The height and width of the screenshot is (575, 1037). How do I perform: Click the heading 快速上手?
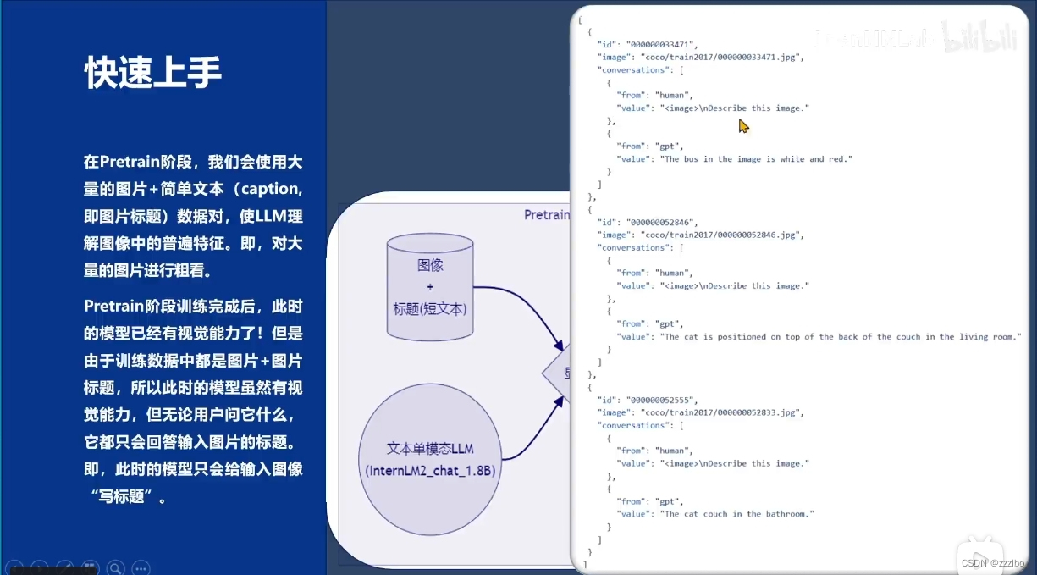153,74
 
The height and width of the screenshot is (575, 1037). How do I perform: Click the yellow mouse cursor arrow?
743,126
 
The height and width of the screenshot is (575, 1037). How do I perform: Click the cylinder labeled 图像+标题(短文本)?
430,288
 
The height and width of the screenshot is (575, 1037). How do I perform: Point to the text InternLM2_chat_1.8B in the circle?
430,470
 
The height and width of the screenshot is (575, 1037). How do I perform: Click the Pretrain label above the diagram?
546,215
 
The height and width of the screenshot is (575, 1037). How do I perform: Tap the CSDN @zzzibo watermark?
994,562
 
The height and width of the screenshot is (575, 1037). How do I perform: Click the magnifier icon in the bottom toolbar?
115,567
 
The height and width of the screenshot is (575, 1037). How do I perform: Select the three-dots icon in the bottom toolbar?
141,567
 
